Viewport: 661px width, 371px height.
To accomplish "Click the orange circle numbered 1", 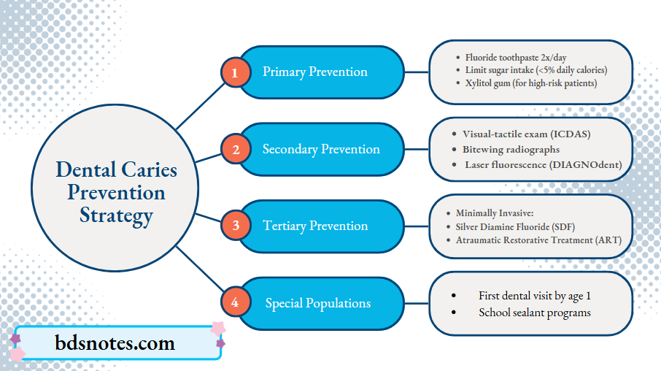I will pyautogui.click(x=235, y=72).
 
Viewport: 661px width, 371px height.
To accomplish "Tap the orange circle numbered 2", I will pyautogui.click(x=235, y=150).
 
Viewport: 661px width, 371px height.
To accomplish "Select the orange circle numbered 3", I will pyautogui.click(x=235, y=226).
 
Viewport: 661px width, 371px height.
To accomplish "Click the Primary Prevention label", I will pyautogui.click(x=315, y=72).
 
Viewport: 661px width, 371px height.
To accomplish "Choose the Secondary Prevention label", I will pyautogui.click(x=321, y=149).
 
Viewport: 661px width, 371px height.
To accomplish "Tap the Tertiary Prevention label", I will pyautogui.click(x=315, y=226).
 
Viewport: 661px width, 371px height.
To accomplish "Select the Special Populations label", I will pyautogui.click(x=317, y=303).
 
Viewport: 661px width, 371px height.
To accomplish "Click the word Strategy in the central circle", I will pyautogui.click(x=117, y=215).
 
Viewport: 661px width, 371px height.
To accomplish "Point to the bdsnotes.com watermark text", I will pyautogui.click(x=115, y=343).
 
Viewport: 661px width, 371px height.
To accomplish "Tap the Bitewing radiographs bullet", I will pyautogui.click(x=511, y=149).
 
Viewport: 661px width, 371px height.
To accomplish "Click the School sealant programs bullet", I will pyautogui.click(x=534, y=313).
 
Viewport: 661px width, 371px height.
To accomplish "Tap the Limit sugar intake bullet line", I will pyautogui.click(x=536, y=69).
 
